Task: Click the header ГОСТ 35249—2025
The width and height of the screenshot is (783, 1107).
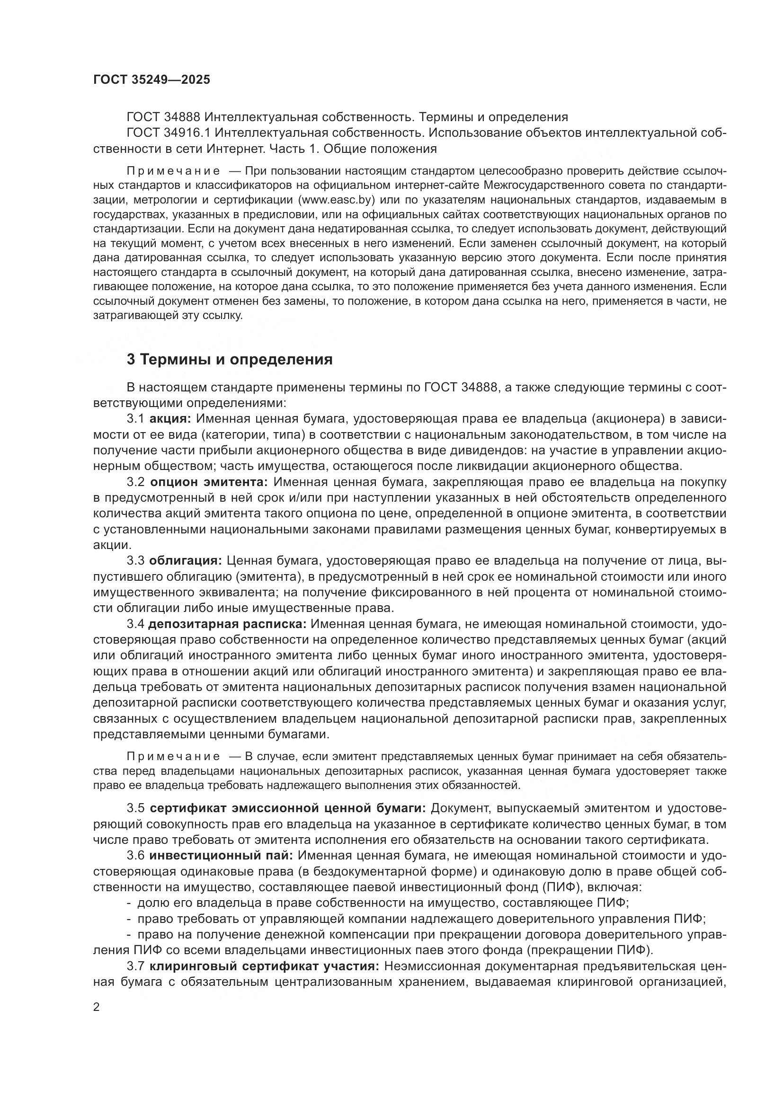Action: point(151,80)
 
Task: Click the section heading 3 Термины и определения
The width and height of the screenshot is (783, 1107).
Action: point(230,359)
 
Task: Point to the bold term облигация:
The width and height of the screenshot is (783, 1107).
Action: point(185,561)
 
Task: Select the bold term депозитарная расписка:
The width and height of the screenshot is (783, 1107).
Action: point(227,624)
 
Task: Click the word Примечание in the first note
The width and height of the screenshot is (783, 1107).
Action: point(173,171)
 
